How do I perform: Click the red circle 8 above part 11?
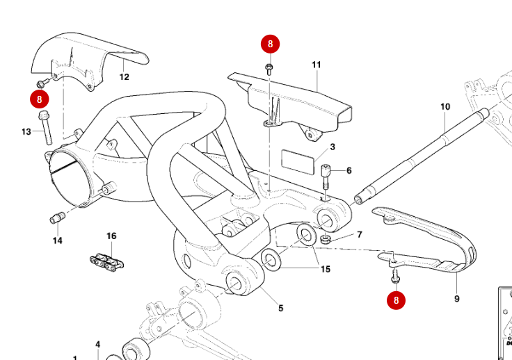point(270,44)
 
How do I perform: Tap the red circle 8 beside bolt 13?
point(40,99)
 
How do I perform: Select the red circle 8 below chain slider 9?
point(397,301)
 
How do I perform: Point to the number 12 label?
point(124,77)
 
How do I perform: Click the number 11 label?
point(316,65)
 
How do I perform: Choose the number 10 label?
point(445,107)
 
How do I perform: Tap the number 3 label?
point(333,147)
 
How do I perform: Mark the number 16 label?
point(111,236)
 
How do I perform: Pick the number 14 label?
point(57,240)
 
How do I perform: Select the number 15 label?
point(325,269)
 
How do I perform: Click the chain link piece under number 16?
point(105,262)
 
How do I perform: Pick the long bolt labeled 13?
point(46,127)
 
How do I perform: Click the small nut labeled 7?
point(326,239)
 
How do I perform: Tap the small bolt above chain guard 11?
point(269,68)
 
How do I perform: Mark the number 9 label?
point(457,299)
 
